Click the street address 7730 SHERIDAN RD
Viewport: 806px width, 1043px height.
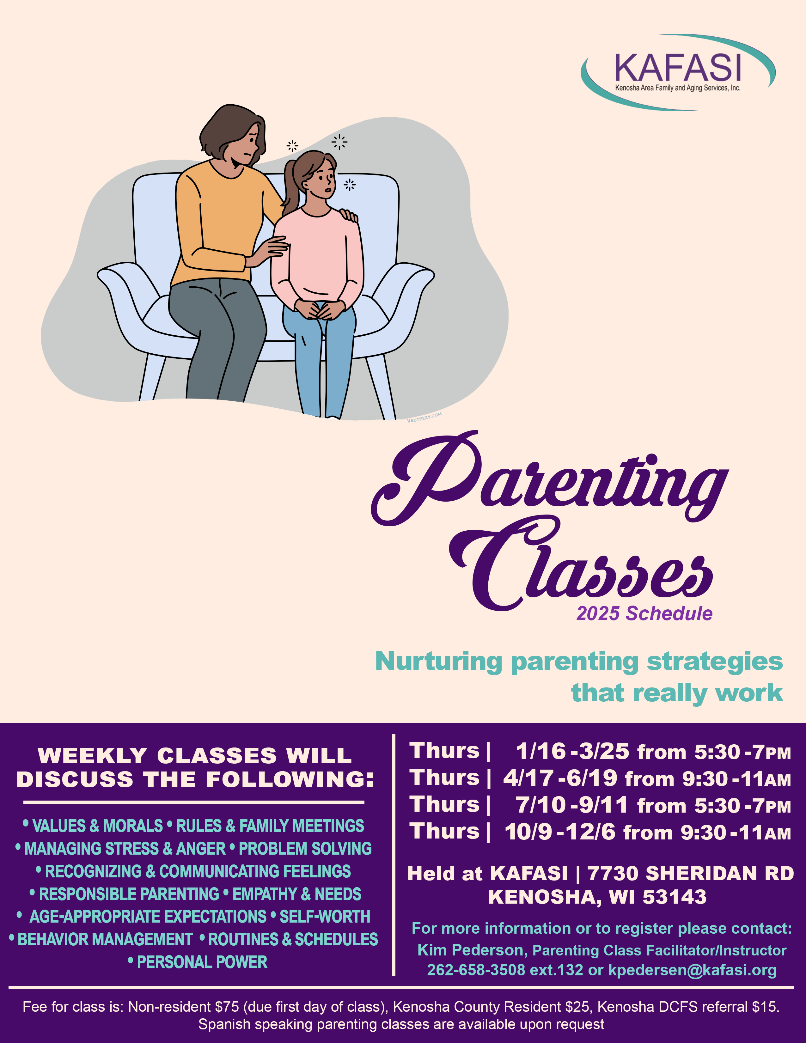tap(690, 874)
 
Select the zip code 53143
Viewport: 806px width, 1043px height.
tap(675, 897)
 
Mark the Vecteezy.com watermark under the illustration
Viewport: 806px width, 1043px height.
tap(424, 417)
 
